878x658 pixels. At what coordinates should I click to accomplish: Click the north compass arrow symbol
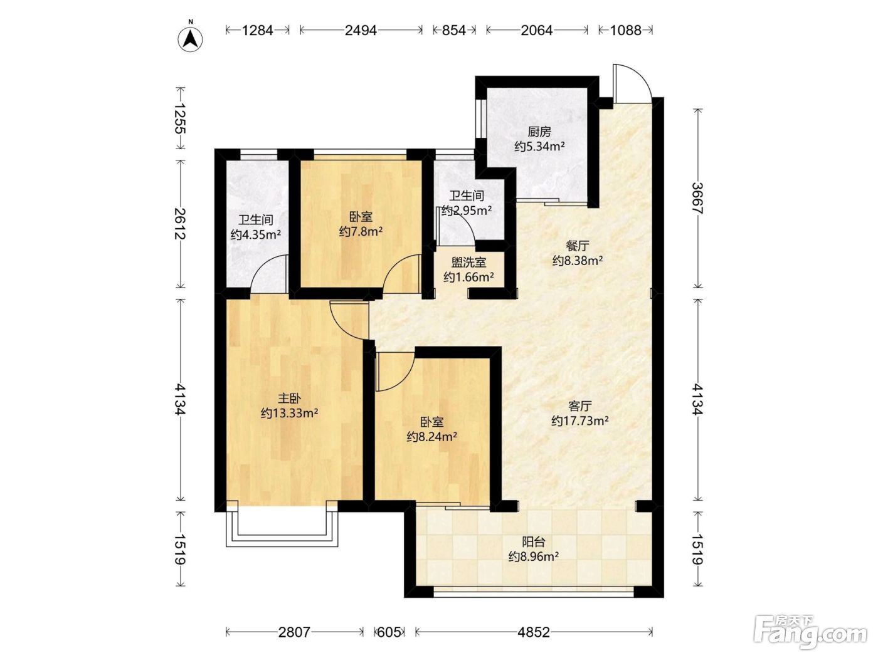[x=191, y=39]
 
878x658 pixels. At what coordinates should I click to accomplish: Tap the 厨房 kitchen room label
[x=539, y=132]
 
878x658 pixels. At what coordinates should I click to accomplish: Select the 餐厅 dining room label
[x=578, y=246]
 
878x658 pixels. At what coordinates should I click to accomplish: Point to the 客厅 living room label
[x=579, y=406]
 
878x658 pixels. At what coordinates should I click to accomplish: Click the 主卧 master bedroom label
[x=289, y=399]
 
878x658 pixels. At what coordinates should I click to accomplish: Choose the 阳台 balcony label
[x=534, y=542]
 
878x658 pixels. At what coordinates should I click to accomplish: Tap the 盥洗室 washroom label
[x=469, y=263]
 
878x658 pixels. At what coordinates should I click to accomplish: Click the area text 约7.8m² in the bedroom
[x=361, y=231]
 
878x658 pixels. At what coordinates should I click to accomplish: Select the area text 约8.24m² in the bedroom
[x=432, y=437]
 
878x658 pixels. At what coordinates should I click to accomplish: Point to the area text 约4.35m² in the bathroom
[x=256, y=234]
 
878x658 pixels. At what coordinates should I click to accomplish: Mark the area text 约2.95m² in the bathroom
[x=467, y=211]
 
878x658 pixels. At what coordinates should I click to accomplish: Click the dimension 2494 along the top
[x=361, y=30]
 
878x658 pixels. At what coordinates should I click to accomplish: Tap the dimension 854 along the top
[x=454, y=30]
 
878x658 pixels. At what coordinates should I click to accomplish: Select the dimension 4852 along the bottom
[x=534, y=632]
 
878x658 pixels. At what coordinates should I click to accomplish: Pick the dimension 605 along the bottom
[x=389, y=632]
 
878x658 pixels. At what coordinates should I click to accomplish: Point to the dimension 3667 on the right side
[x=698, y=198]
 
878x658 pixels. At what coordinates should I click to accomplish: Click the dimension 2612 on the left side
[x=180, y=224]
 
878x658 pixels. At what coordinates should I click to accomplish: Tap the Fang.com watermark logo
[x=810, y=633]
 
